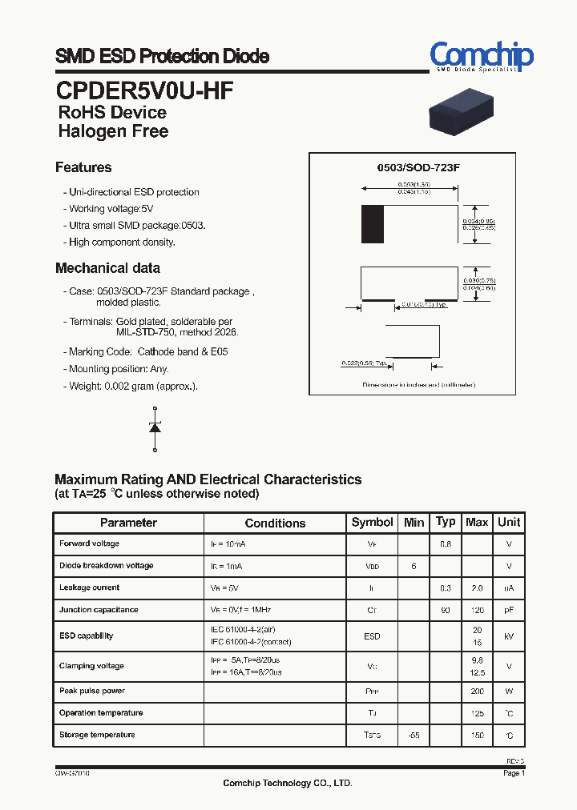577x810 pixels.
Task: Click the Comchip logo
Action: [481, 57]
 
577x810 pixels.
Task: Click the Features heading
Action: [83, 167]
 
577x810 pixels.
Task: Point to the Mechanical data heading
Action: [107, 268]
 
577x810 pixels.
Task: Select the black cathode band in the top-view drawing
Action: [372, 224]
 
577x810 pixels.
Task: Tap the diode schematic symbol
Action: [155, 428]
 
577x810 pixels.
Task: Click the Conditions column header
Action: [275, 523]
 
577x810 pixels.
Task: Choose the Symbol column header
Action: [372, 522]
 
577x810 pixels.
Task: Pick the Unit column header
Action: [509, 522]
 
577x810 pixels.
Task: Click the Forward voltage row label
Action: [89, 543]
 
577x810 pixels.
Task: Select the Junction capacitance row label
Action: [99, 610]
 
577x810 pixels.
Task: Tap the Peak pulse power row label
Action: [92, 691]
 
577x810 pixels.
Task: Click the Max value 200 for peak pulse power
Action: [477, 691]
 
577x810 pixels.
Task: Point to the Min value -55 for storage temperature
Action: [414, 735]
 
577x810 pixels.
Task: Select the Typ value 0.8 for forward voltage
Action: [446, 544]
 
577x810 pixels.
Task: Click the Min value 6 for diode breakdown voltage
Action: [414, 566]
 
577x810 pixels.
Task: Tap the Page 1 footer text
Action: [514, 773]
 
